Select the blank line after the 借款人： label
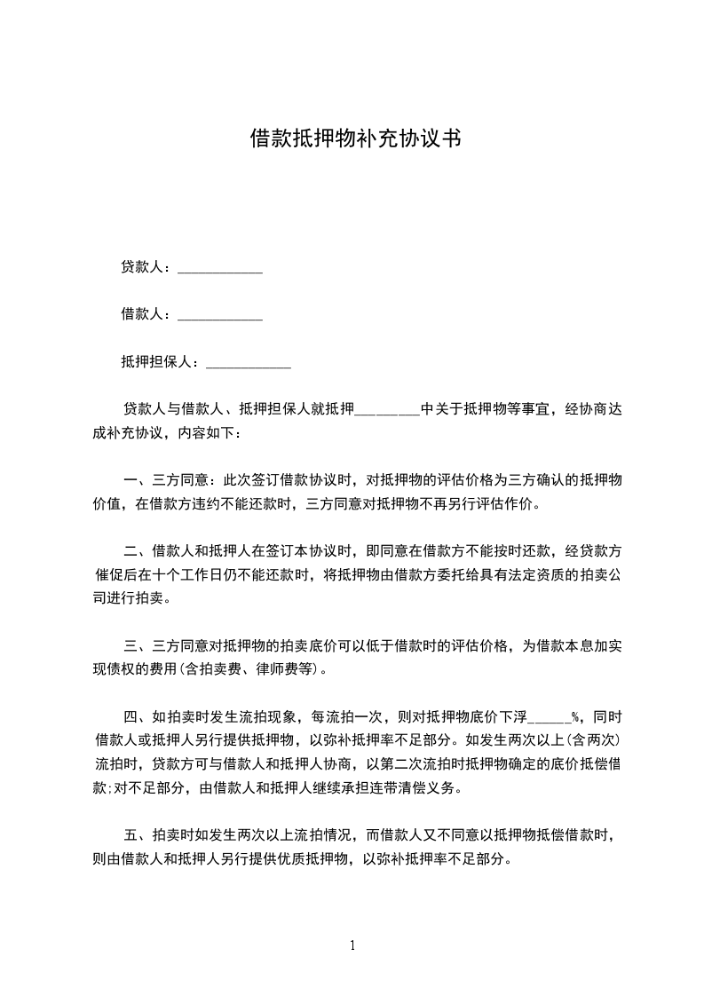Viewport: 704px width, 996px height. (x=220, y=314)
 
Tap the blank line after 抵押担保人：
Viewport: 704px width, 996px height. (x=248, y=362)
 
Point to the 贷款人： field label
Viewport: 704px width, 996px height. (x=148, y=267)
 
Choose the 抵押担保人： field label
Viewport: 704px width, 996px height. (x=162, y=362)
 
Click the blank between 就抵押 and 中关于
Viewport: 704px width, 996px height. (x=387, y=410)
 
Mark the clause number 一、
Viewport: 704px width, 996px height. (x=138, y=481)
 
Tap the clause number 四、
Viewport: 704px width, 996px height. (x=138, y=716)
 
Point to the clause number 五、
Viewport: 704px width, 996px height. (x=138, y=835)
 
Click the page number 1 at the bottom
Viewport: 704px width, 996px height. (x=352, y=945)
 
